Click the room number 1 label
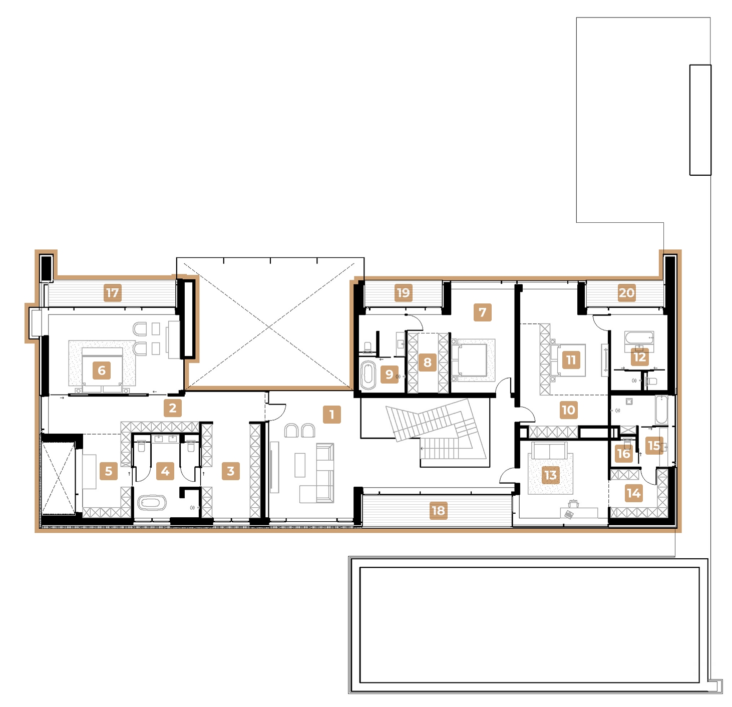pos(331,415)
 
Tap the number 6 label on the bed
pos(102,371)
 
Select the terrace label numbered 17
pos(113,293)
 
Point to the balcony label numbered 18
pos(438,511)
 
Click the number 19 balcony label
pos(403,293)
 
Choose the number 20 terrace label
pos(626,293)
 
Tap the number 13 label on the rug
pos(550,475)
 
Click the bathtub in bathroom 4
pos(151,502)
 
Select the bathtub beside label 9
pos(368,375)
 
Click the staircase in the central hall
pos(436,426)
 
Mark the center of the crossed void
pos(270,327)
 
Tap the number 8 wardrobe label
pos(427,363)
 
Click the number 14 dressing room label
pos(633,493)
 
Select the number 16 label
pos(623,454)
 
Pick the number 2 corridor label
pos(173,408)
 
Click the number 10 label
pos(568,410)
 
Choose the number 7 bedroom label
pos(482,312)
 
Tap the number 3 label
pos(230,471)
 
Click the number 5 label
pos(109,471)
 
